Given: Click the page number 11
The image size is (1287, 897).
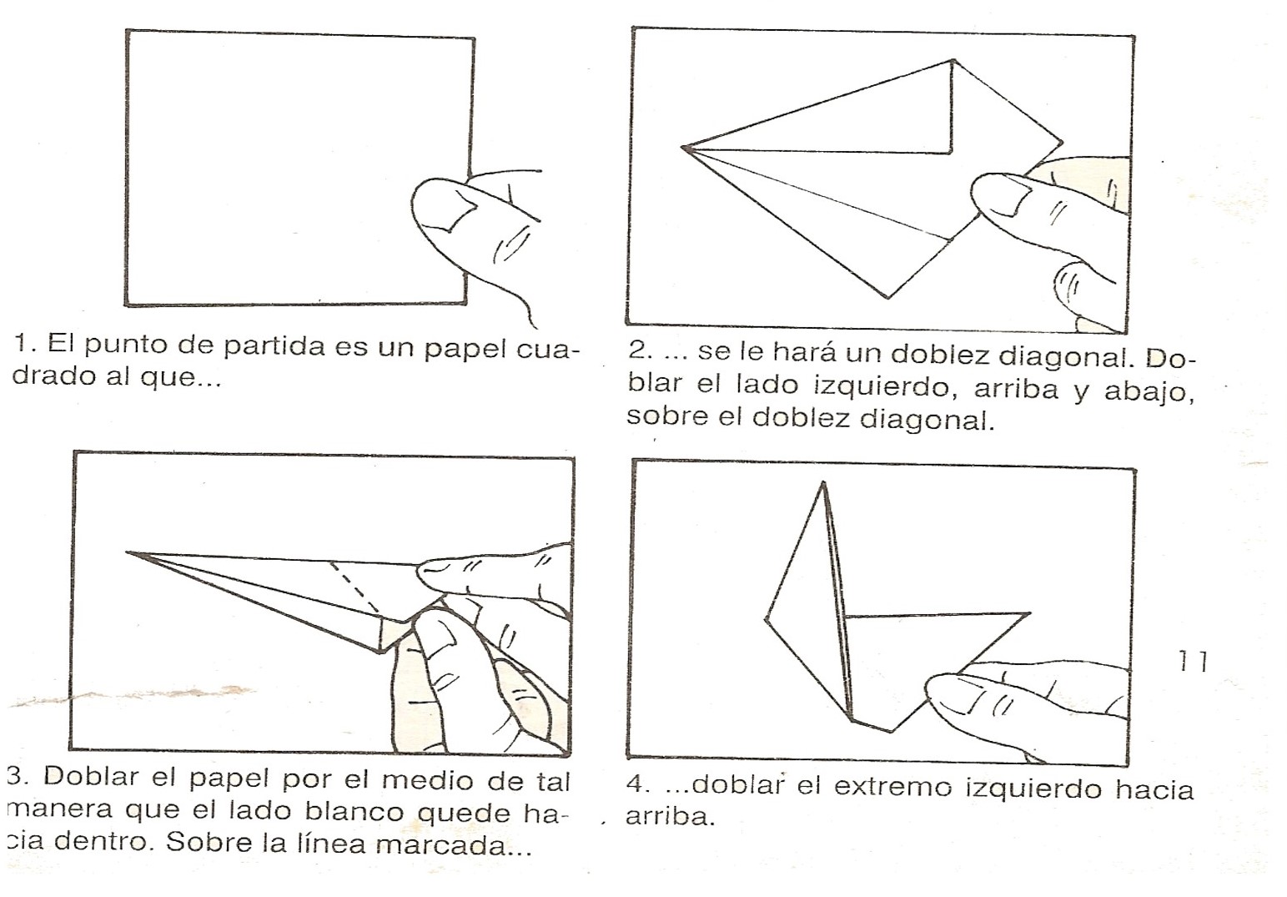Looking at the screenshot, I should [x=1193, y=662].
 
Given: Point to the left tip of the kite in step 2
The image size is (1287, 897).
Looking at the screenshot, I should [x=684, y=149].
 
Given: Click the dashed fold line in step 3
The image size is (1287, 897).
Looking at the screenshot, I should [x=355, y=589].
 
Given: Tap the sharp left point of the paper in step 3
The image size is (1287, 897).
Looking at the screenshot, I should [x=128, y=552].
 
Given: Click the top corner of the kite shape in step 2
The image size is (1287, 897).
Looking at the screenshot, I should [x=953, y=60].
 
